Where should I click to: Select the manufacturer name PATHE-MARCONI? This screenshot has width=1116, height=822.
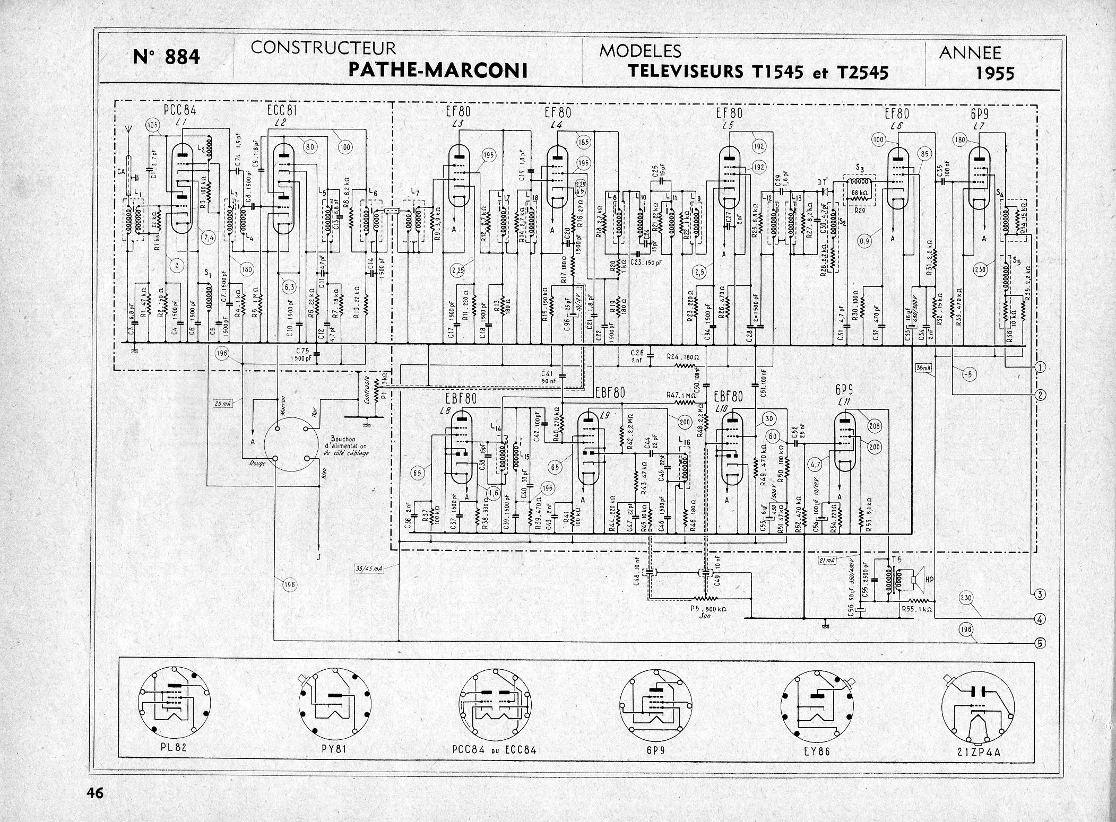tap(438, 70)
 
